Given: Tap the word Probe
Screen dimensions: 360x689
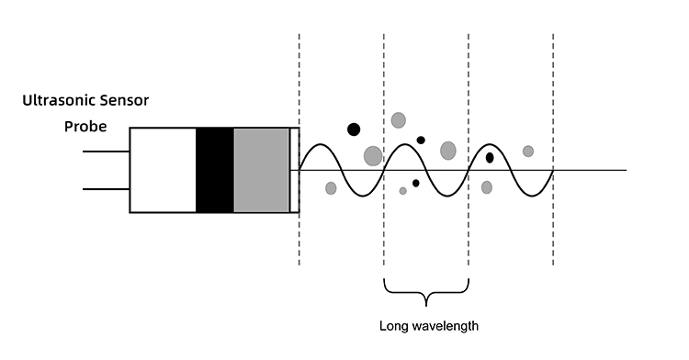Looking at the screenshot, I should click(85, 126).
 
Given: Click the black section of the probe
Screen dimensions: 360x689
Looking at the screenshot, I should click(215, 170).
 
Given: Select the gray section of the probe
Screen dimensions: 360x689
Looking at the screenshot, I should click(262, 170).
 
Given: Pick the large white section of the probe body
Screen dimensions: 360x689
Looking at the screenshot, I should click(163, 170).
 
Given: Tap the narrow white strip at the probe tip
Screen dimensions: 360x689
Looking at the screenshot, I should click(295, 170).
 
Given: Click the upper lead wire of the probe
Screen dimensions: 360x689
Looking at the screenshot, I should click(106, 152).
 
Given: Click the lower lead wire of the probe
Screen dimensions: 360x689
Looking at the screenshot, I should click(106, 189).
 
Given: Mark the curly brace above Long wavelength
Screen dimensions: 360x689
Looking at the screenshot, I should click(426, 293).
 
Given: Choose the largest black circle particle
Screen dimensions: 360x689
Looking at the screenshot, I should click(354, 129).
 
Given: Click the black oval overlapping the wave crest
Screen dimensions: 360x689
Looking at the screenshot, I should click(490, 157).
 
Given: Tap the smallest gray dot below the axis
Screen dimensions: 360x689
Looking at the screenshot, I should click(402, 191).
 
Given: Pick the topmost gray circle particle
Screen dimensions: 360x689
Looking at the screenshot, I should click(398, 119).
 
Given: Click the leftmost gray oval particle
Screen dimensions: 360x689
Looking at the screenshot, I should click(331, 188).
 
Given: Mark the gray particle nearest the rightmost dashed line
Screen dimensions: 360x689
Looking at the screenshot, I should click(528, 151).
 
